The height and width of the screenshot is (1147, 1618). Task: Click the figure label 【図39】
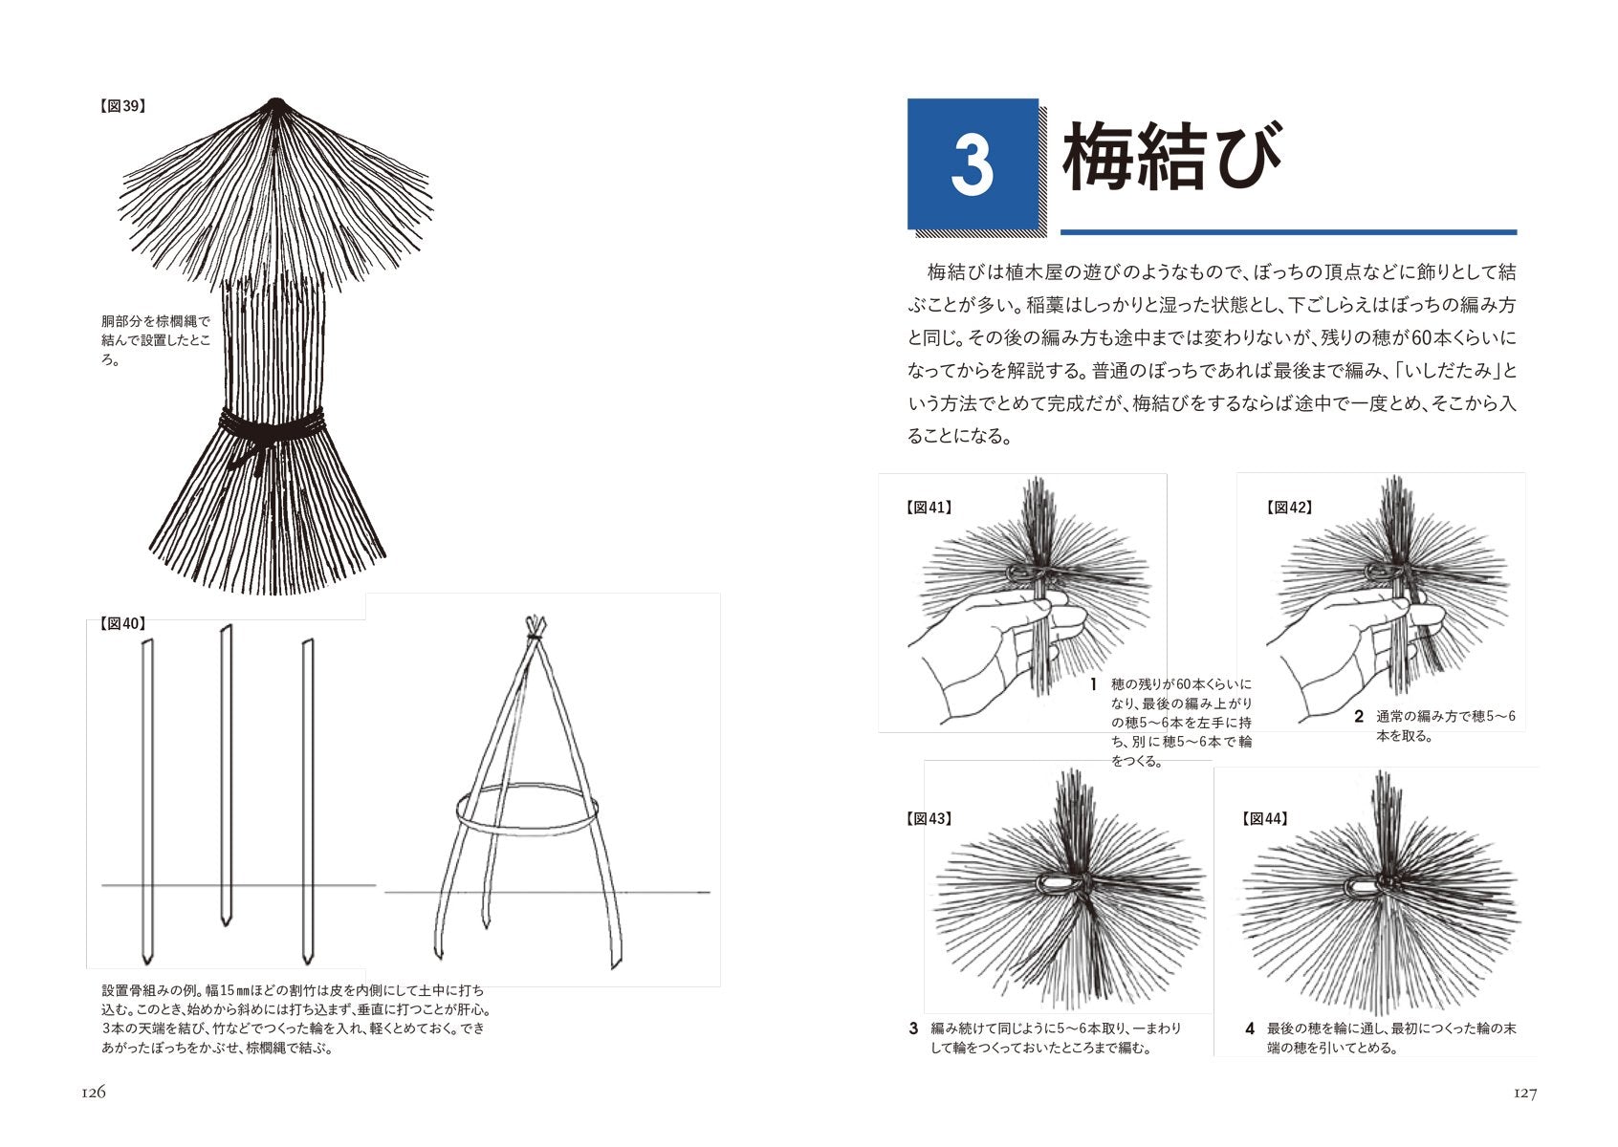(121, 107)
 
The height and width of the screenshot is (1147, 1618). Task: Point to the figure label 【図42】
(1289, 508)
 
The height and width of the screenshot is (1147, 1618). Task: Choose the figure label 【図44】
(1264, 818)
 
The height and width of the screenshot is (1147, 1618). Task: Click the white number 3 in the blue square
(973, 164)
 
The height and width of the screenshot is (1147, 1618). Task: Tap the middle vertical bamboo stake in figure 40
(226, 774)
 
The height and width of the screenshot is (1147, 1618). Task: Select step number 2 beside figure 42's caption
(1359, 716)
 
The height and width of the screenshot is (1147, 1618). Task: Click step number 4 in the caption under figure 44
(1250, 1028)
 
